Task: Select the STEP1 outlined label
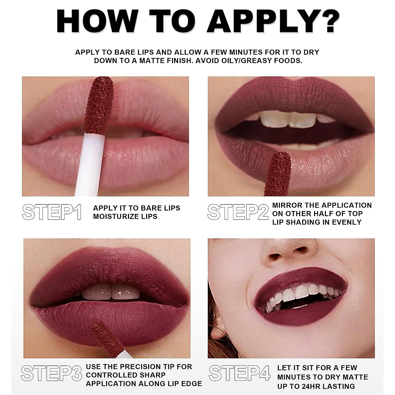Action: point(52,212)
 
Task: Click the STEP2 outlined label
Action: point(238,212)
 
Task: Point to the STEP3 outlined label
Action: point(51,373)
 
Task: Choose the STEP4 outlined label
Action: point(239,373)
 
